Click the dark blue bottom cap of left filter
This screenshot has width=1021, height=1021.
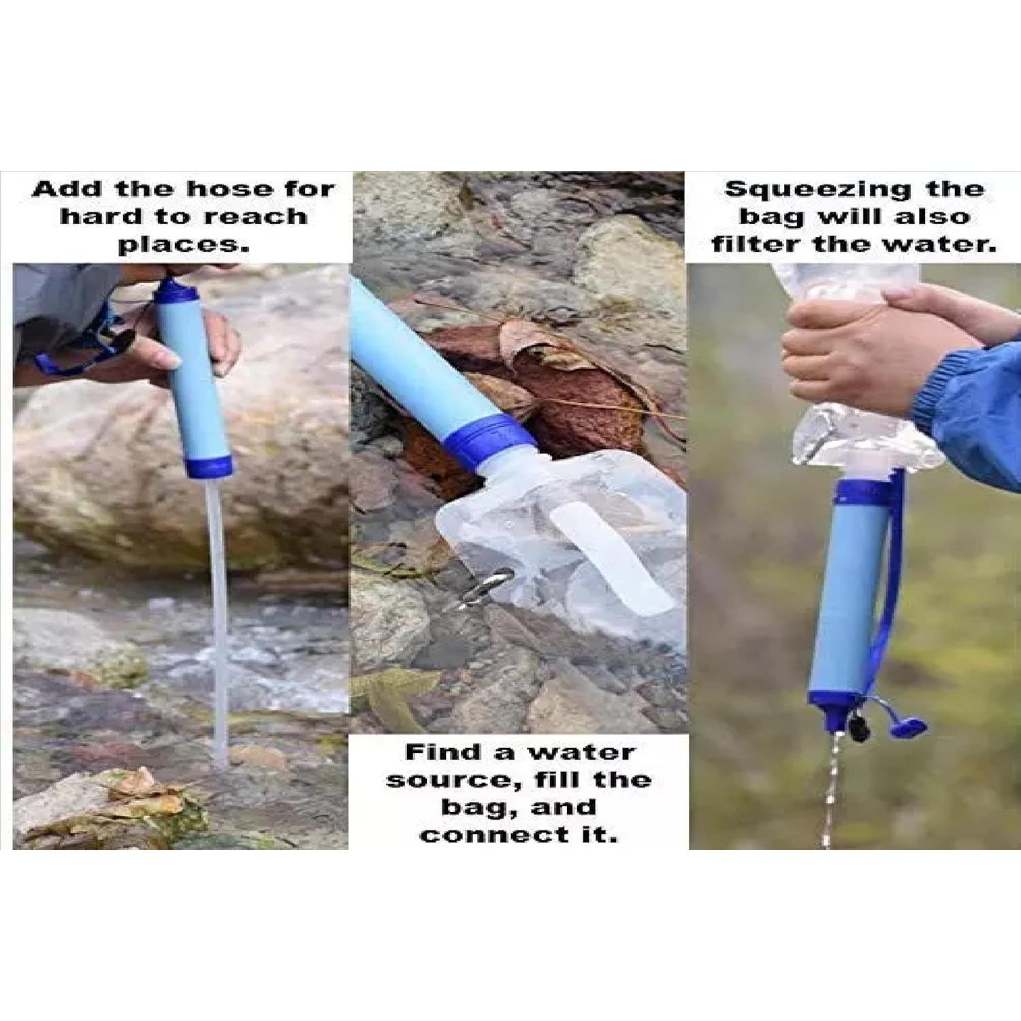point(209,466)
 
